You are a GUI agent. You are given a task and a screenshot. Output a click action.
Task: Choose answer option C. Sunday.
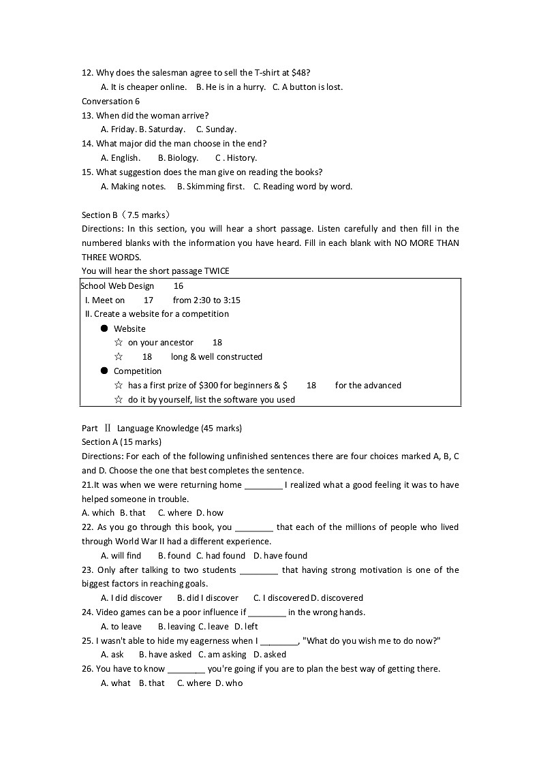tap(216, 129)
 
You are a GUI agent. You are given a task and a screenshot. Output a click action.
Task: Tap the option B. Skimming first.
tap(211, 187)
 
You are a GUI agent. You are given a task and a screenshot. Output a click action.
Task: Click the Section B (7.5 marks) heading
tap(126, 215)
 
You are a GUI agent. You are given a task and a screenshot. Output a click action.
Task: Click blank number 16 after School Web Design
tap(179, 286)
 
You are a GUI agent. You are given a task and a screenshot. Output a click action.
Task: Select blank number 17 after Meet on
tap(149, 300)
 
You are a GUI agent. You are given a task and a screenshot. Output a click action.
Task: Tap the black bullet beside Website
tap(104, 328)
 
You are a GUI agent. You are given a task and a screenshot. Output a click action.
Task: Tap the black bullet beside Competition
tap(104, 371)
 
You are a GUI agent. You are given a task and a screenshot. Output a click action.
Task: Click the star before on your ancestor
tap(119, 343)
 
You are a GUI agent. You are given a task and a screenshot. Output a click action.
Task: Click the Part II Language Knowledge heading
tap(161, 428)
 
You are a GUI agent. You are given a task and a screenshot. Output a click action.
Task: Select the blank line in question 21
tap(263, 486)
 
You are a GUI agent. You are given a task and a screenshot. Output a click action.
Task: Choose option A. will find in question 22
tap(121, 556)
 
